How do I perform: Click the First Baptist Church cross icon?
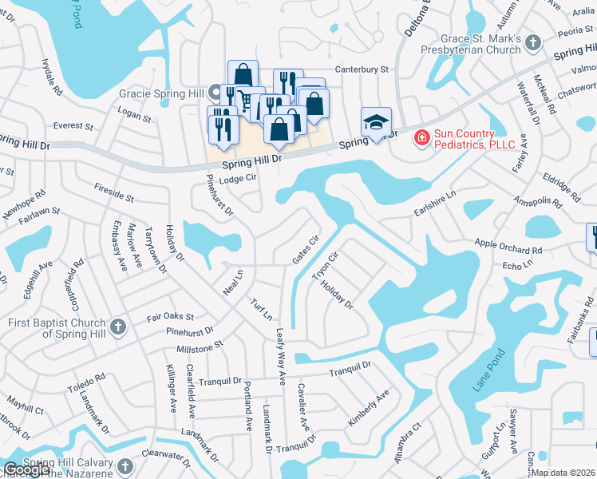(117, 326)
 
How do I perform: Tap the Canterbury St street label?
(361, 69)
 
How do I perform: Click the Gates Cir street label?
(306, 249)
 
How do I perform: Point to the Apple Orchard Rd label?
(508, 247)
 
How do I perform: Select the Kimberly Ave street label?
(368, 407)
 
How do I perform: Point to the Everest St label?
(73, 126)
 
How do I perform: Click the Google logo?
(26, 469)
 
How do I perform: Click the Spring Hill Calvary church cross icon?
(125, 466)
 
